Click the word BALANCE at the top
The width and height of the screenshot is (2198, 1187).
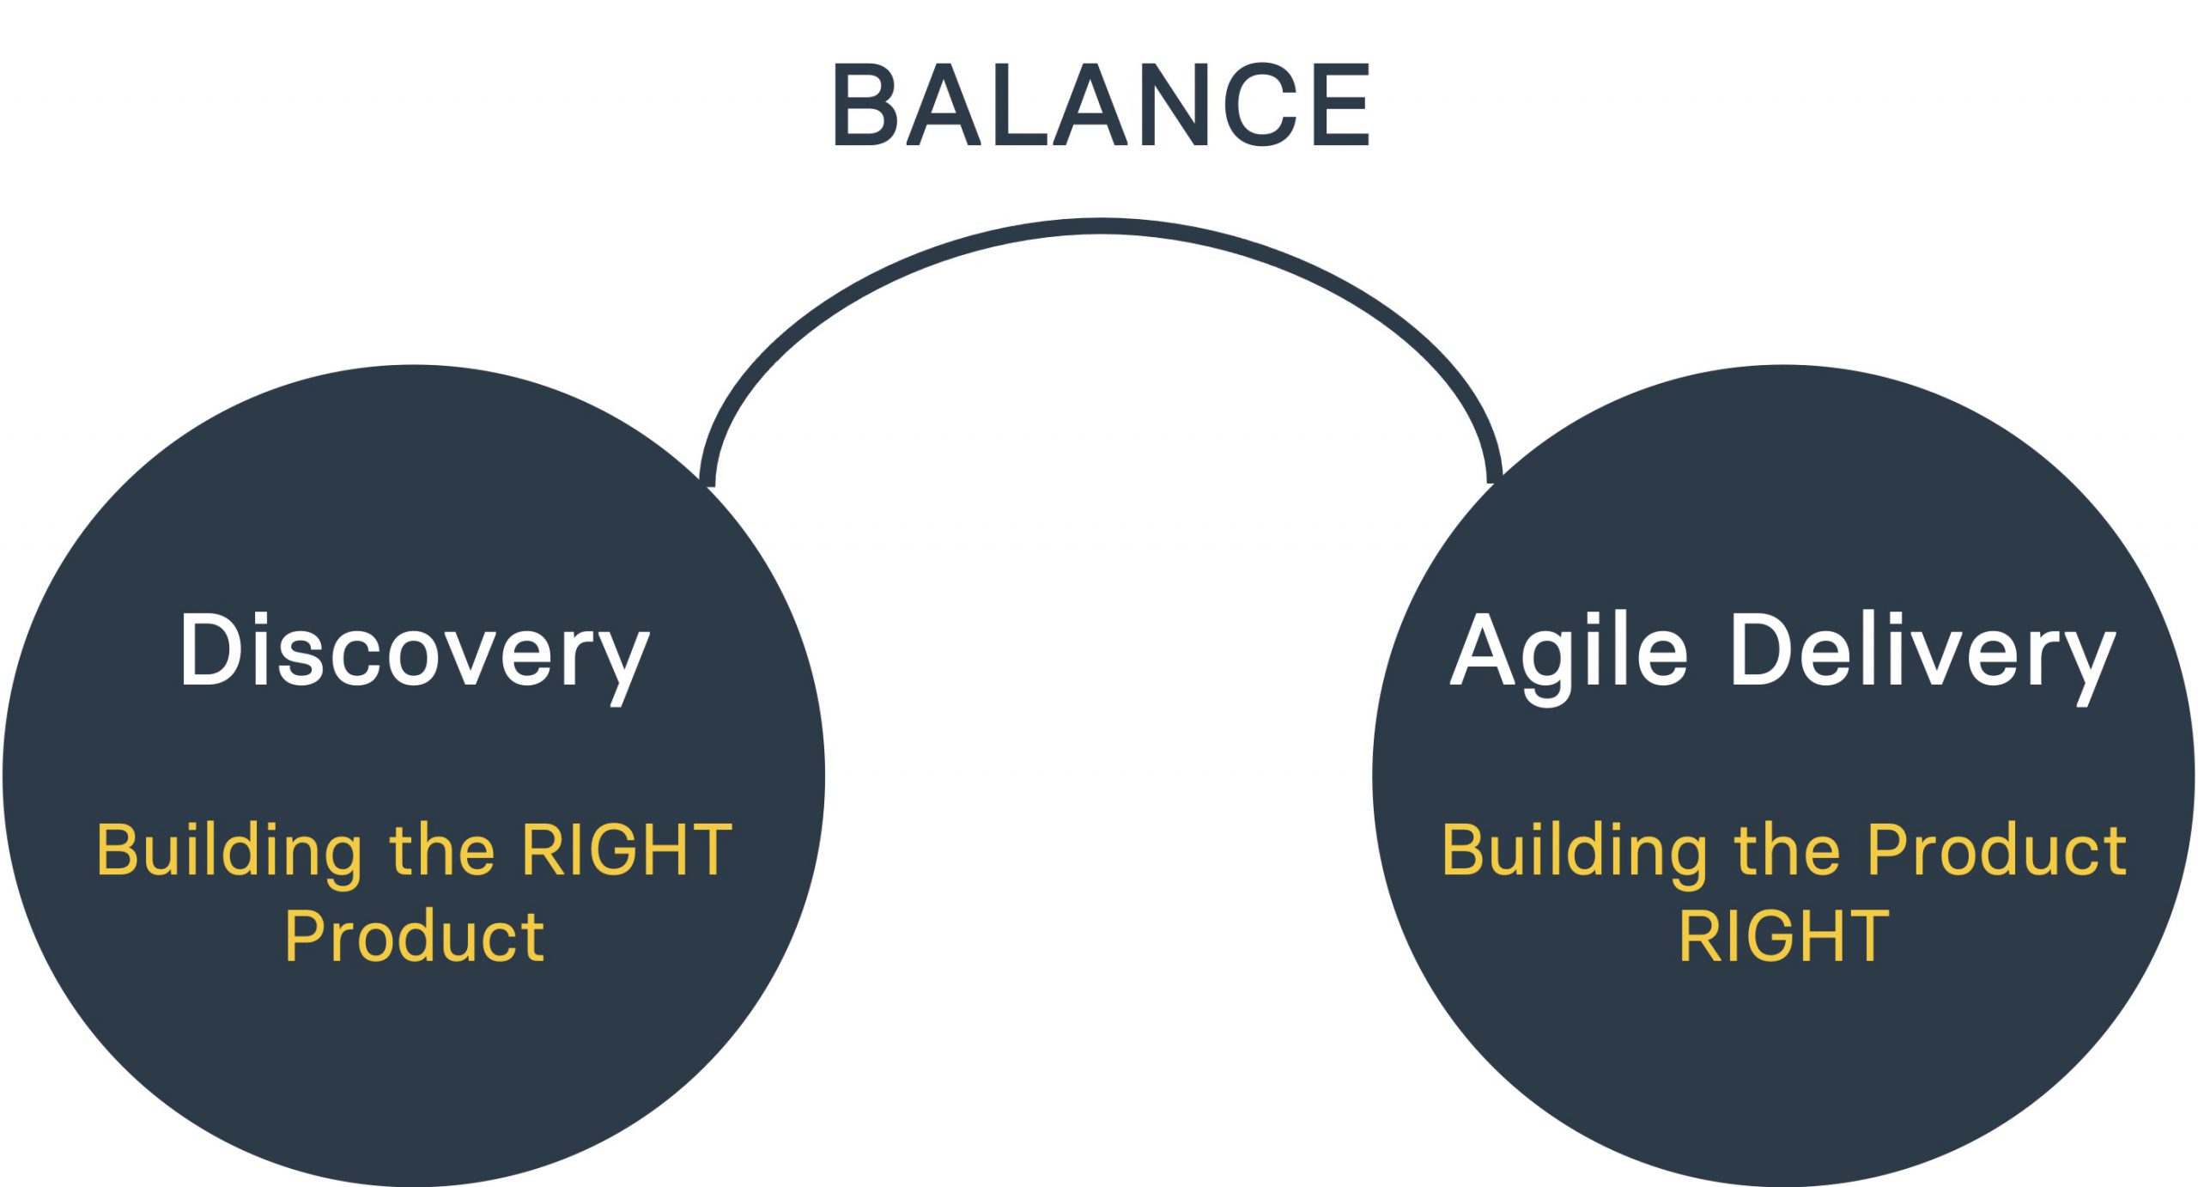tap(1100, 106)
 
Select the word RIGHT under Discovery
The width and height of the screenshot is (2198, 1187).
tap(627, 850)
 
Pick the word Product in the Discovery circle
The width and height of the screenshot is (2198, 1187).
tap(414, 936)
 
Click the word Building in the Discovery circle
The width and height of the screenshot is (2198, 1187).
tap(228, 850)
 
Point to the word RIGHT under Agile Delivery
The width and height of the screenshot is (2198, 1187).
tap(1784, 936)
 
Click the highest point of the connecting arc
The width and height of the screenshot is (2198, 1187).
tap(1101, 226)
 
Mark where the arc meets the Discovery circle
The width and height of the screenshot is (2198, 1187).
tap(707, 481)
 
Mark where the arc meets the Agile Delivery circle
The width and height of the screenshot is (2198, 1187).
tap(1495, 478)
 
